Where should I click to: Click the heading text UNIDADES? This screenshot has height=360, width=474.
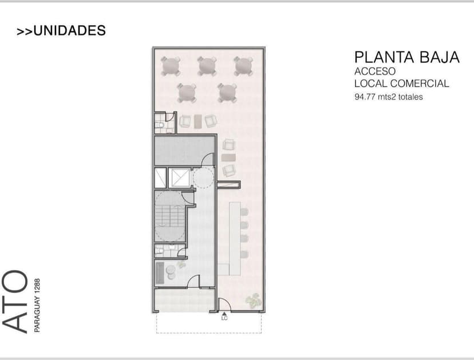point(69,31)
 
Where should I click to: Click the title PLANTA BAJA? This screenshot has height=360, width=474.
point(406,57)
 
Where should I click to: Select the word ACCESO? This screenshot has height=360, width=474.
point(375,72)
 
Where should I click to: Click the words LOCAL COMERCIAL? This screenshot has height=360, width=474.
point(401,84)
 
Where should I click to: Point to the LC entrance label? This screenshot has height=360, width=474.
point(224,319)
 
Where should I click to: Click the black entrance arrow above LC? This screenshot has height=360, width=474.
point(224,313)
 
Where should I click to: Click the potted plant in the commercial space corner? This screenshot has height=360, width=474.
point(252,299)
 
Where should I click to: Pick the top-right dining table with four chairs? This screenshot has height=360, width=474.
point(244,65)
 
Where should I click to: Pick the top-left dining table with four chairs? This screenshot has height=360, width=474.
point(170,66)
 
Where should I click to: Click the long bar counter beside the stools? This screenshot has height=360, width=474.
point(233,235)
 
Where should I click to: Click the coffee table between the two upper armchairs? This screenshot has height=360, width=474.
point(198,121)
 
